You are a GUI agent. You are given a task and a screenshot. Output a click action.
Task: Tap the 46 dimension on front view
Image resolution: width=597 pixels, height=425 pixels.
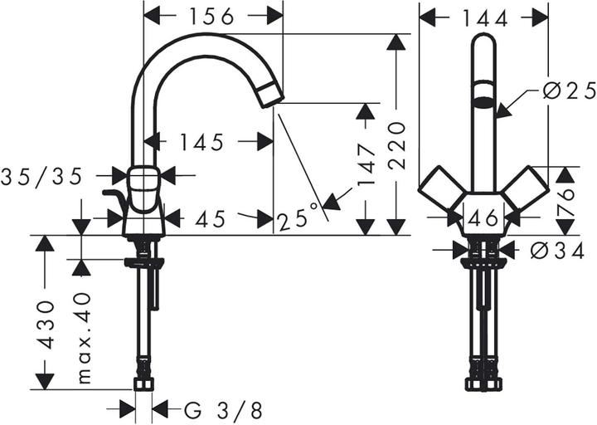(483, 219)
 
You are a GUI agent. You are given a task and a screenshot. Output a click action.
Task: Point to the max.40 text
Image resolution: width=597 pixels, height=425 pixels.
(83, 337)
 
